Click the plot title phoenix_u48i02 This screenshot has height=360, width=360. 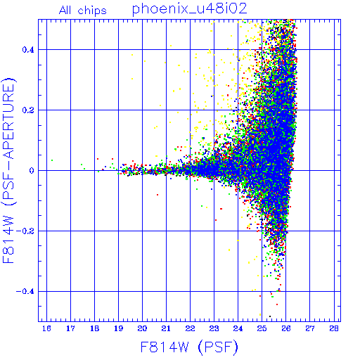190,9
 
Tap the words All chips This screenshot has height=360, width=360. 83,11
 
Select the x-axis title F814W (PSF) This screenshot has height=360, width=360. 189,347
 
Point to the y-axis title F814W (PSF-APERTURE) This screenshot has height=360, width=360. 9,170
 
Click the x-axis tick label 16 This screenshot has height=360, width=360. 46,328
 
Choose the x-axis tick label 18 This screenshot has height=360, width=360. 94,328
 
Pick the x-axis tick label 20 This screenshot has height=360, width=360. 142,328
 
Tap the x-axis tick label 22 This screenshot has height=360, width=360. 190,328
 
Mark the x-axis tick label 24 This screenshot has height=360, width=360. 238,328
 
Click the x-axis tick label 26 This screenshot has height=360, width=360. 286,328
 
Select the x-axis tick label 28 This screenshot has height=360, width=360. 334,328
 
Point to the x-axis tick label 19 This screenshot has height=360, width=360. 118,328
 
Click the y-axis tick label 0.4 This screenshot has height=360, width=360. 28,50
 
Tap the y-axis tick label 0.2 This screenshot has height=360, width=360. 28,110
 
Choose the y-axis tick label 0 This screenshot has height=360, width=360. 32,171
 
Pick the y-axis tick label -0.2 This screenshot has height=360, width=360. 25,231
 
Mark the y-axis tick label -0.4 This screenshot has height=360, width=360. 25,292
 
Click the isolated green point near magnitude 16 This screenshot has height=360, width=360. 52,160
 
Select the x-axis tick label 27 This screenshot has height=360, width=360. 310,328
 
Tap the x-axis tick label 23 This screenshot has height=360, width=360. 214,328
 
